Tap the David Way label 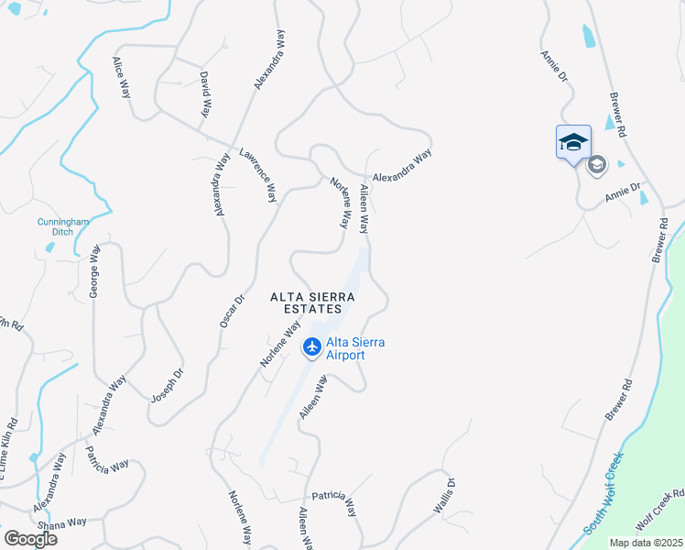(205, 93)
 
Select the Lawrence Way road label (258, 174)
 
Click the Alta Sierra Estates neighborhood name (312, 302)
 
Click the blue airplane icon (311, 347)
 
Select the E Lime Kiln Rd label (11, 445)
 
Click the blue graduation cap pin (573, 142)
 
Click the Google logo (29, 538)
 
